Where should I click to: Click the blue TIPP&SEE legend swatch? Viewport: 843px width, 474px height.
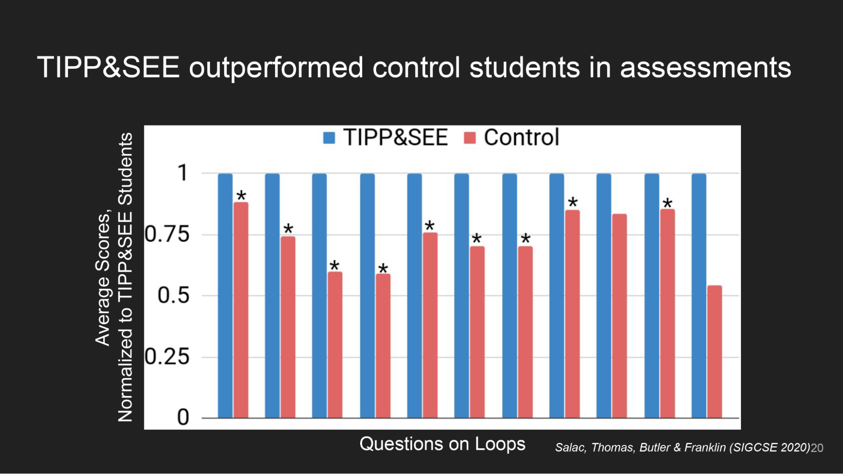pos(329,138)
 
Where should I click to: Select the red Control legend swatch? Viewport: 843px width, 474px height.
pos(469,138)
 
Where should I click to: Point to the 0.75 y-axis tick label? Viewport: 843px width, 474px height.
pos(167,234)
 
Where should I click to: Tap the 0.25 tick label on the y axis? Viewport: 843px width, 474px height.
pos(167,357)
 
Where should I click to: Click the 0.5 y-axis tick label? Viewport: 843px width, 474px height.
pos(173,295)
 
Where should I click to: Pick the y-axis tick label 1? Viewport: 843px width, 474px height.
pos(183,173)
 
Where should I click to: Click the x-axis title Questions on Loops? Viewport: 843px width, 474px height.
pos(442,444)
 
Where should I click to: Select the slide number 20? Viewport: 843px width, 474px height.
pos(817,448)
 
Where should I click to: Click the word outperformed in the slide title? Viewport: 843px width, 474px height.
pos(276,67)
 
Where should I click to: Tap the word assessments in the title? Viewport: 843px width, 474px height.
pos(705,67)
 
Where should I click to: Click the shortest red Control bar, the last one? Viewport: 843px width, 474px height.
pos(714,352)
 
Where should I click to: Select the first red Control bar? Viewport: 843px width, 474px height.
pos(241,310)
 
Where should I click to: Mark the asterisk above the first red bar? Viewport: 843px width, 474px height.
pos(241,195)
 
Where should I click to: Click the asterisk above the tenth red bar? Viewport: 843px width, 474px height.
pos(667,203)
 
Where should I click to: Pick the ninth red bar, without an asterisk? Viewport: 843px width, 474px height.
pos(619,316)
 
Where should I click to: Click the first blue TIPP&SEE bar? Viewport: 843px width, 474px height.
pos(225,295)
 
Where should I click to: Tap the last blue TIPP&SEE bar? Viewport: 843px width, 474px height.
pos(699,295)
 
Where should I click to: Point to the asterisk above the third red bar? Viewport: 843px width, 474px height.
pos(334,265)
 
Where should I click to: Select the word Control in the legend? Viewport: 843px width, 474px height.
pos(521,138)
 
